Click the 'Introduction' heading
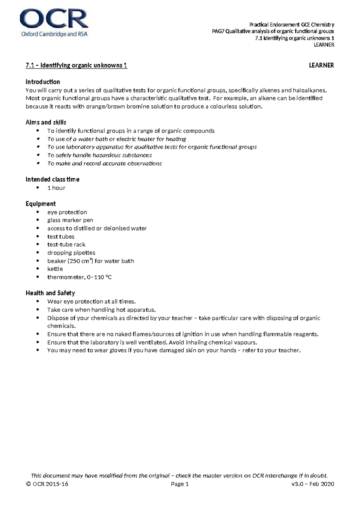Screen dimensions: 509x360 pos(43,82)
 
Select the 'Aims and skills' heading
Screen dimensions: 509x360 pos(46,122)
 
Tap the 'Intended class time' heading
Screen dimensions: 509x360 pos(52,179)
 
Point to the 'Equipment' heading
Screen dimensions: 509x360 pos(40,204)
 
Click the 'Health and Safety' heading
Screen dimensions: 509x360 pos(50,293)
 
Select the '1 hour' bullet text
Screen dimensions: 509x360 pos(56,188)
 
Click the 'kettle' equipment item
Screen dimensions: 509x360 pos(55,269)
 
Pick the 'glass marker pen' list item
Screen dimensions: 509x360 pos(70,220)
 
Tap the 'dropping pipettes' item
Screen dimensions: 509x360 pos(71,253)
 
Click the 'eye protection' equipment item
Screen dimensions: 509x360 pos(67,212)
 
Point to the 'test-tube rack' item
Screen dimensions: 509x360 pos(66,245)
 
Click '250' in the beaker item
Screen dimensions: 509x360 pos(75,261)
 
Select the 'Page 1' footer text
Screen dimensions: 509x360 pos(180,484)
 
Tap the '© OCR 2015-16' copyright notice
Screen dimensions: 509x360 pos(47,484)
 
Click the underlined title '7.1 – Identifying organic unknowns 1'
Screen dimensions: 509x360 pos(76,65)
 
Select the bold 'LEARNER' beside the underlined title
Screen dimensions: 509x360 pos(321,65)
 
